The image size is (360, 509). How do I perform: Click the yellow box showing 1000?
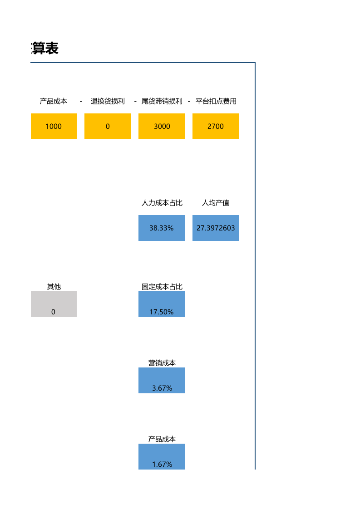click(x=54, y=126)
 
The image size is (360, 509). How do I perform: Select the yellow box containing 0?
click(x=108, y=126)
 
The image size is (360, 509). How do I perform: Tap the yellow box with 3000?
click(x=162, y=126)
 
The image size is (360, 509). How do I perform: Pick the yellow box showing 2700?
click(x=216, y=126)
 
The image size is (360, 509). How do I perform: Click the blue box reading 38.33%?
click(x=162, y=228)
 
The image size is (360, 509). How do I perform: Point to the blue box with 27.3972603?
click(x=216, y=228)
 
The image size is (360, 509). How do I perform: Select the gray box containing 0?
click(x=54, y=304)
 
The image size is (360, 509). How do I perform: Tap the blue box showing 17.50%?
click(x=162, y=304)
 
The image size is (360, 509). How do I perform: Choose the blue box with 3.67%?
click(x=162, y=381)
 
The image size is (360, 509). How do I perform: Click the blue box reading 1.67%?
click(x=162, y=457)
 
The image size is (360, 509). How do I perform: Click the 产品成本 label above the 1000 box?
click(x=54, y=101)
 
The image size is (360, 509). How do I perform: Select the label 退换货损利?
click(x=108, y=101)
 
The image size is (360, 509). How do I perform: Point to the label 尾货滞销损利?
click(x=162, y=101)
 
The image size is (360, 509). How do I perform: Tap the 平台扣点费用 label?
click(x=216, y=101)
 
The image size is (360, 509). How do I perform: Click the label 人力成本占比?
click(x=162, y=203)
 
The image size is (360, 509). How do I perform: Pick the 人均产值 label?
click(x=216, y=203)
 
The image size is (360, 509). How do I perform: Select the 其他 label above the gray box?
click(x=54, y=287)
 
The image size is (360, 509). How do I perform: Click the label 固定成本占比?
click(x=162, y=287)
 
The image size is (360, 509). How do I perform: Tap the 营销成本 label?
click(x=162, y=363)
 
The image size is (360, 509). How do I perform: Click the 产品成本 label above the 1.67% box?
click(x=162, y=439)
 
